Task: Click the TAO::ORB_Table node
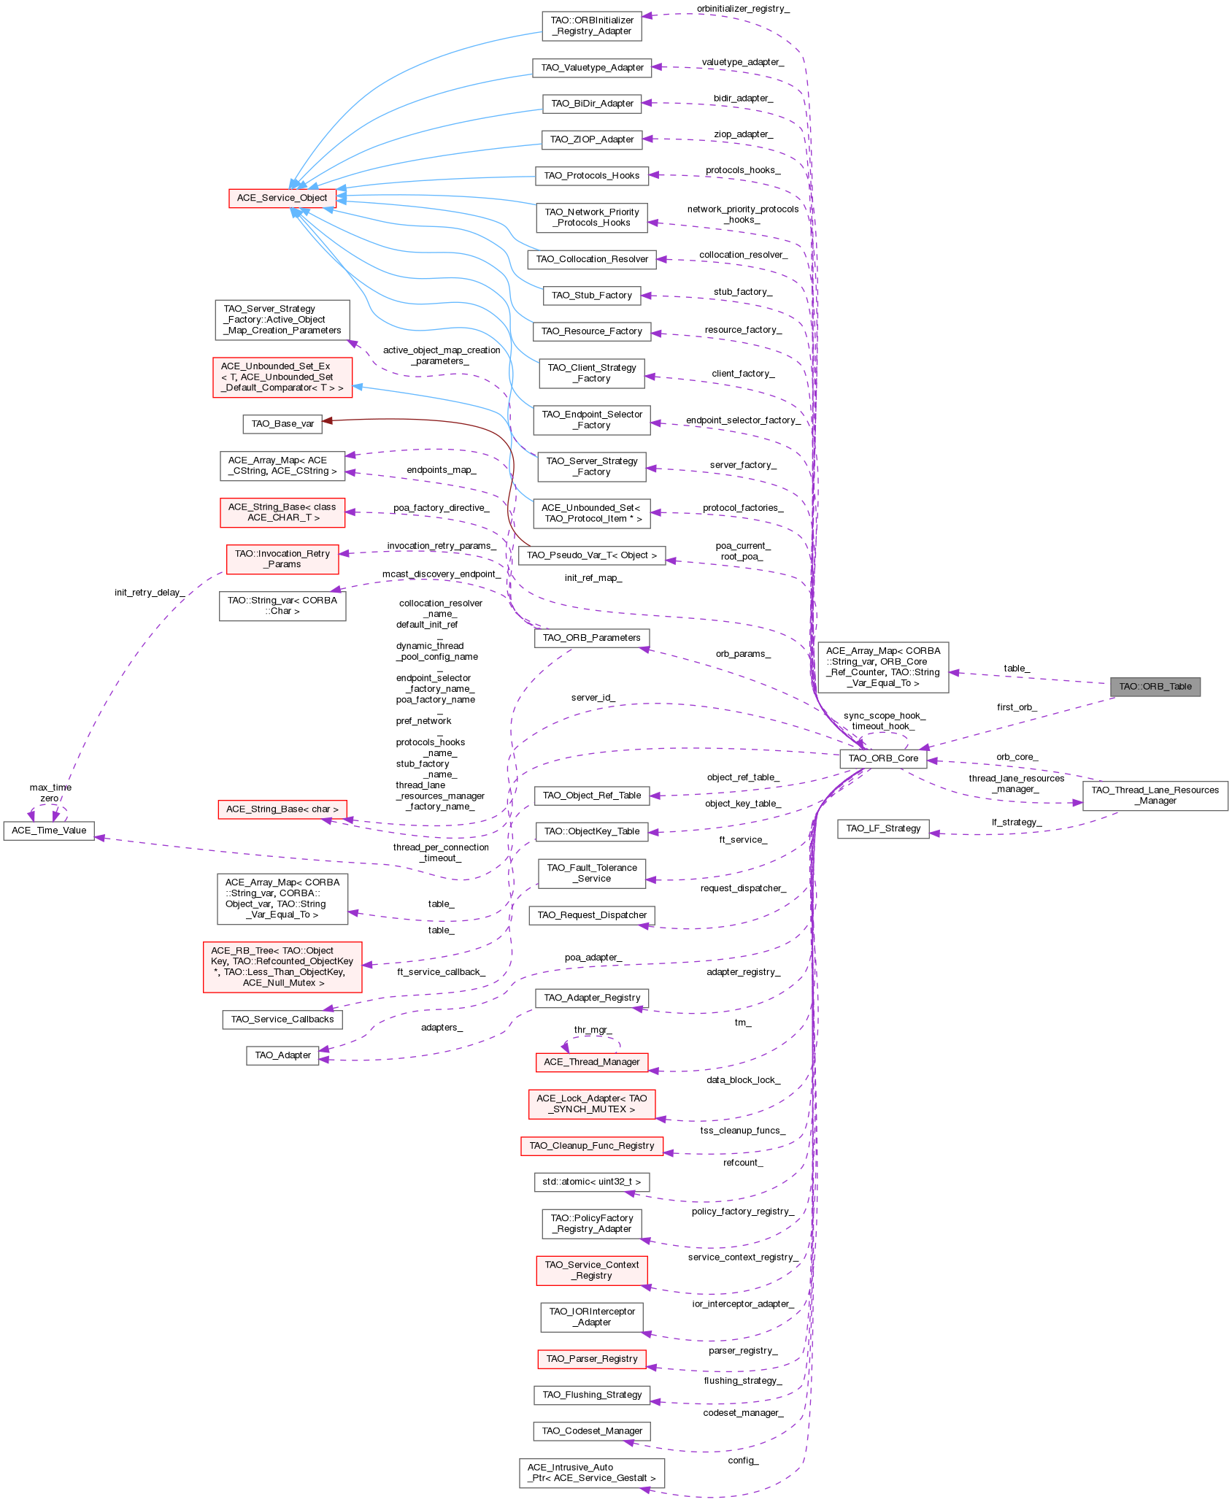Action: click(x=1155, y=687)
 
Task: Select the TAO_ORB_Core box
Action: click(x=882, y=758)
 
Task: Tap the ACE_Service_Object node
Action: click(x=282, y=198)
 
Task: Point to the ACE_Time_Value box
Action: click(x=49, y=831)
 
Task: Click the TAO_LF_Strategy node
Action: click(x=882, y=828)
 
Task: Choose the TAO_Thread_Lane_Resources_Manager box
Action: click(x=1155, y=796)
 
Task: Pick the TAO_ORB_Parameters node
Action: click(x=591, y=638)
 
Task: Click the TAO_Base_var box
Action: click(x=282, y=424)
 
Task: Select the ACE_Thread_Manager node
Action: click(x=591, y=1062)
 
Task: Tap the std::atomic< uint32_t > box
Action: click(x=591, y=1182)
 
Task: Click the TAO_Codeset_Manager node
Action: click(x=591, y=1431)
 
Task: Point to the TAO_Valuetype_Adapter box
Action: click(x=592, y=68)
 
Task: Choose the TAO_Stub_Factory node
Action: click(x=591, y=296)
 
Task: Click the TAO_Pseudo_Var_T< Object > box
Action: click(x=591, y=555)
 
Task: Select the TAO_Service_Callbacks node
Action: click(x=282, y=1020)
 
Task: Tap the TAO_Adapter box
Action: click(x=282, y=1055)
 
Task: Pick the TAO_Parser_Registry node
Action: click(x=591, y=1359)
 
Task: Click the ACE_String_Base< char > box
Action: click(x=282, y=809)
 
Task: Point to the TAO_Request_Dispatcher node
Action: click(x=591, y=915)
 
